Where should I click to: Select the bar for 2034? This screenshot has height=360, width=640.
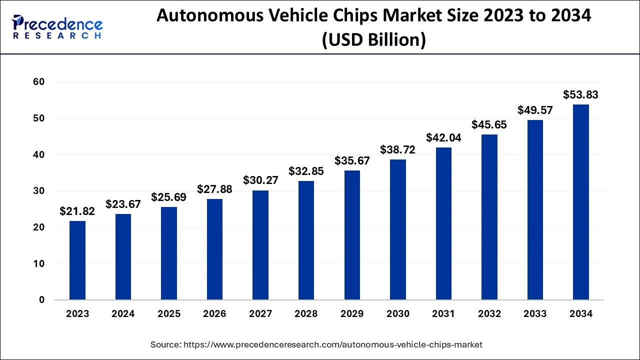(580, 202)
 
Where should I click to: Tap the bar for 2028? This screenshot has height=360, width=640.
(306, 240)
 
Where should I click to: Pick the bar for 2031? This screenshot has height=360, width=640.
(443, 223)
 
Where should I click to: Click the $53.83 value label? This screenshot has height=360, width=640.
(580, 95)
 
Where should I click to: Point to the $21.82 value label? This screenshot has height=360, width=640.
(77, 211)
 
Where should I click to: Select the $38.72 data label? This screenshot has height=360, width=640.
(398, 149)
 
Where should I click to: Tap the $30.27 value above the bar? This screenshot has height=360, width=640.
(260, 180)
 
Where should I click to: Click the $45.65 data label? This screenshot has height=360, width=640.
(489, 124)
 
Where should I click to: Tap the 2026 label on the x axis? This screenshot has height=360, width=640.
(214, 314)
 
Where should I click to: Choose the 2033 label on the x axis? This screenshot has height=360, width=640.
(535, 314)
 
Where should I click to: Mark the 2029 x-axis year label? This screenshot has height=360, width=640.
(352, 314)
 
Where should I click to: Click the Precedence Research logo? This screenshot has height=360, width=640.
(57, 27)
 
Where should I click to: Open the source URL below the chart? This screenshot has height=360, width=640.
(316, 344)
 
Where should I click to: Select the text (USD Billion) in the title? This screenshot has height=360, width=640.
(373, 39)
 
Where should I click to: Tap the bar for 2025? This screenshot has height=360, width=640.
(169, 253)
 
